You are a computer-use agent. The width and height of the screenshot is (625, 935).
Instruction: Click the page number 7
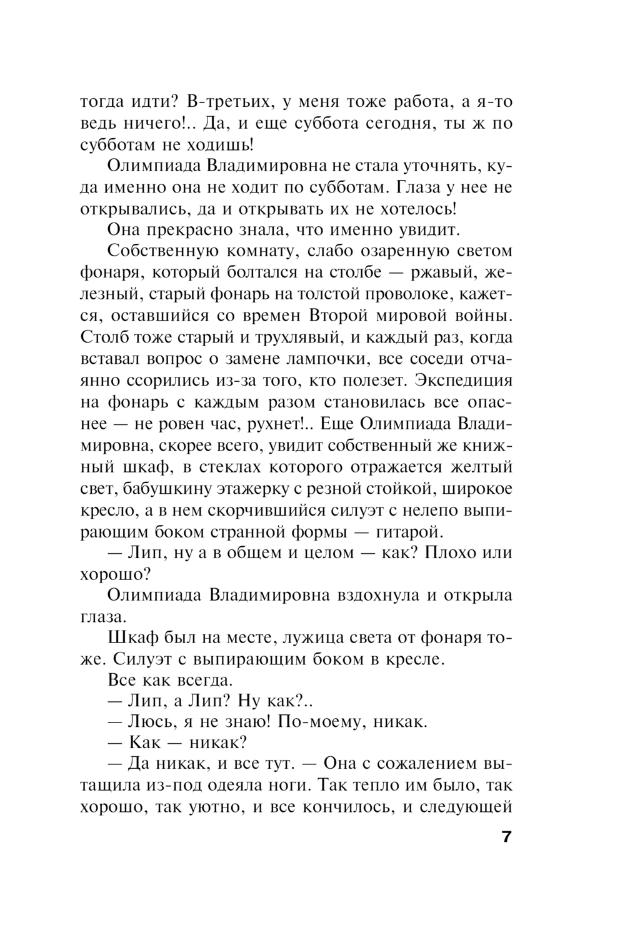click(506, 836)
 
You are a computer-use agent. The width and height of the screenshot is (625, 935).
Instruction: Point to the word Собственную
click(162, 251)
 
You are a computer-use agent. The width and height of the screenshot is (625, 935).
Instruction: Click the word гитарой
click(409, 531)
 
